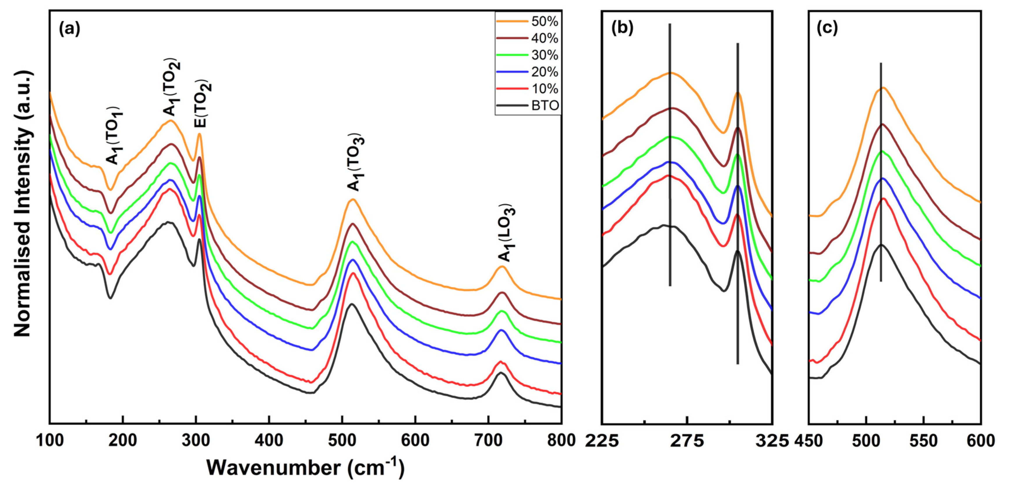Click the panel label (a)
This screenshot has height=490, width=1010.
coord(69,29)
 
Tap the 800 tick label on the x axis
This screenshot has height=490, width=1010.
coord(561,440)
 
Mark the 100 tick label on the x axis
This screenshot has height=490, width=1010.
coord(50,440)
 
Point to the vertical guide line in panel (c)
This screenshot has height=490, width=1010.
coord(881,172)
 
